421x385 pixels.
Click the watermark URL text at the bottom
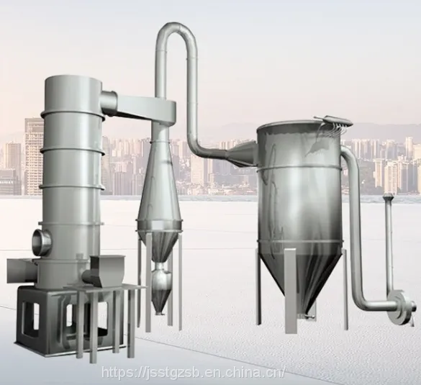193,372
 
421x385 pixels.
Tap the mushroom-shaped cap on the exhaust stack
387,197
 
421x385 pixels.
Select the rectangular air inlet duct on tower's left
22,271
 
